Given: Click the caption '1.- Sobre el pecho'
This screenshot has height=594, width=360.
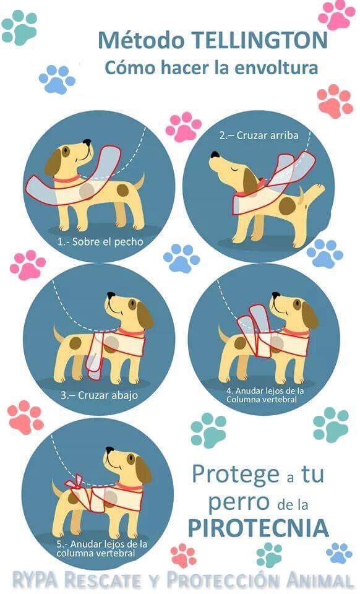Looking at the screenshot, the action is (100, 241).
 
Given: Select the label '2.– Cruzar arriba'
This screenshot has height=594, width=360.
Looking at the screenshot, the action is (259, 136).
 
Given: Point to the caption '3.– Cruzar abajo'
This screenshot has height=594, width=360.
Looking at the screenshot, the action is (99, 395).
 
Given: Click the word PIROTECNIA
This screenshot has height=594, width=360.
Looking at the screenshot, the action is (258, 527).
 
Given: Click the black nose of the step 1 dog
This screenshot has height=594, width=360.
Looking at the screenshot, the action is (87, 142).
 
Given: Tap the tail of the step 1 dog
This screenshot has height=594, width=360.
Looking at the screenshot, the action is (139, 181).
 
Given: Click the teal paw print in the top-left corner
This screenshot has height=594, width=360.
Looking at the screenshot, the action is (19, 27).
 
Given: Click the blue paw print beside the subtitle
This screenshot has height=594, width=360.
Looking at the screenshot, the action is (57, 79).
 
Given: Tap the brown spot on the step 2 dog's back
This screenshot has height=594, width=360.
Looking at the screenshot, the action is (287, 205).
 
